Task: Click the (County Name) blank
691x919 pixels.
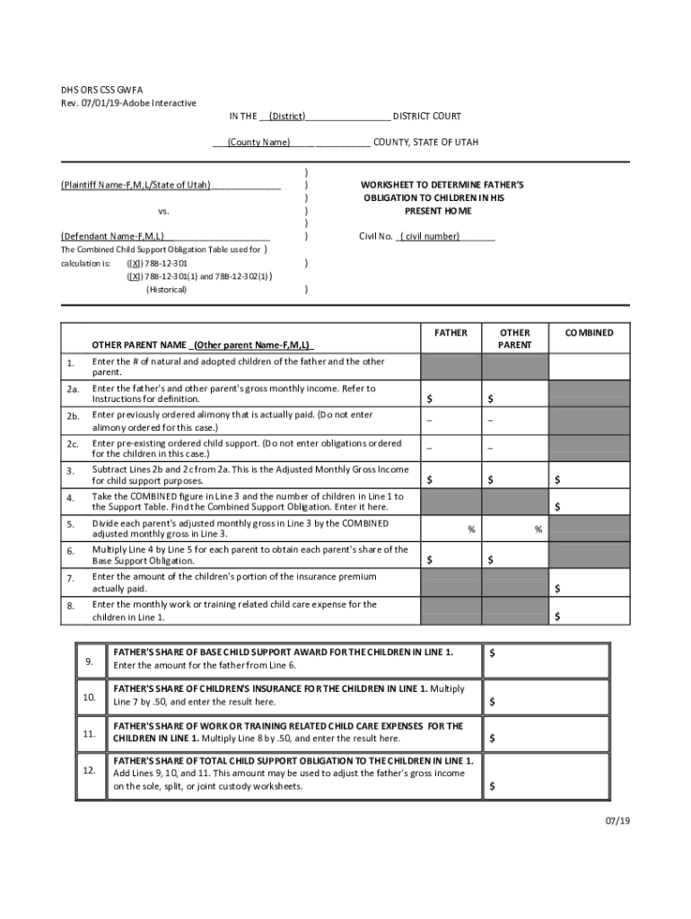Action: pos(258,143)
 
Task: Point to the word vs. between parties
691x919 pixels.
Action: pos(163,211)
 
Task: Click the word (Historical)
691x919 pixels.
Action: pos(166,290)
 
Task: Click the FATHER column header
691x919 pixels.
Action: pos(450,333)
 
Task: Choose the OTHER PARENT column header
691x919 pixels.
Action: pos(515,338)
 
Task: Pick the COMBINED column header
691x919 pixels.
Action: pos(589,333)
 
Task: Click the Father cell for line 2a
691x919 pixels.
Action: pos(450,394)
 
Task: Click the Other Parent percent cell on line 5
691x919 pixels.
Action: pos(515,530)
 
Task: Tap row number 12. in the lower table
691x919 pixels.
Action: pos(89,771)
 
